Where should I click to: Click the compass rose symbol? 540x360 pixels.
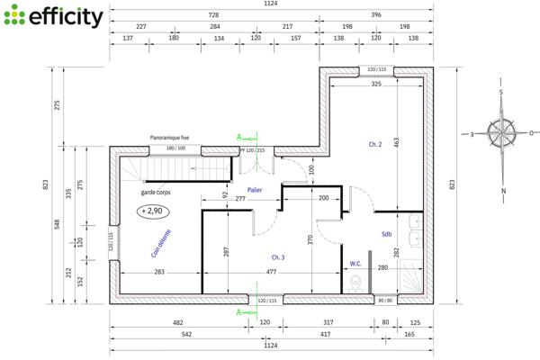tap(503, 134)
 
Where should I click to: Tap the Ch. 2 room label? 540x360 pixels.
tap(375, 144)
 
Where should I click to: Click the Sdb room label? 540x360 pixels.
tap(386, 233)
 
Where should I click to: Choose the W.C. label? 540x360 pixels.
tap(356, 264)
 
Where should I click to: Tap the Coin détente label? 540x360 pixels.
tap(162, 243)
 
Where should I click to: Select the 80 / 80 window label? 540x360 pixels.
tap(386, 300)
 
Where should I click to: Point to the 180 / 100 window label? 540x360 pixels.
tap(175, 148)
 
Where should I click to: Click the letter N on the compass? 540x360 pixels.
tap(503, 191)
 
